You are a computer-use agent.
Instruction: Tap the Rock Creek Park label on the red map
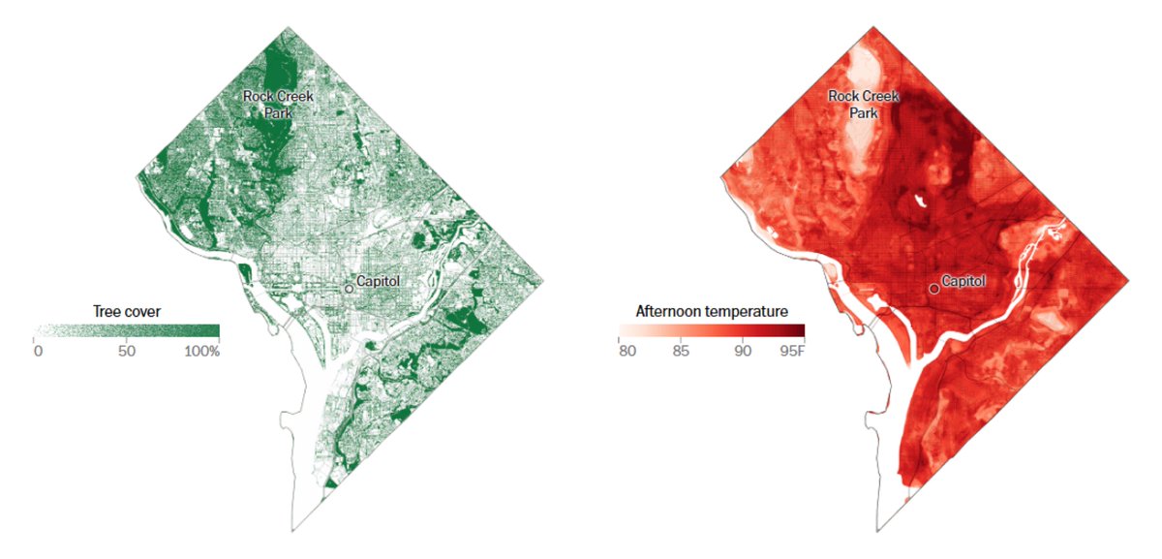[863, 105]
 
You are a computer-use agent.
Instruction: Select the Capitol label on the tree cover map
[378, 281]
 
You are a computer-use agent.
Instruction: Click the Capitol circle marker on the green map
[349, 289]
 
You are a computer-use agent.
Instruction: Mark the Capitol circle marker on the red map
[934, 289]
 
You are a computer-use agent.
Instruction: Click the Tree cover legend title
[127, 311]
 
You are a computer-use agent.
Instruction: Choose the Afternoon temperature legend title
[711, 311]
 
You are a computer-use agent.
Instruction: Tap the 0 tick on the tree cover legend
[38, 351]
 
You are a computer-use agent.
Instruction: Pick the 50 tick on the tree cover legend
[126, 351]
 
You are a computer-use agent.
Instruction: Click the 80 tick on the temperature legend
[627, 351]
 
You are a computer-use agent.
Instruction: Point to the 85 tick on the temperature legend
[682, 351]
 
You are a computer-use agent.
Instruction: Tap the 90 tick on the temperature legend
[742, 351]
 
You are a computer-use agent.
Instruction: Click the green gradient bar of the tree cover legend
[127, 330]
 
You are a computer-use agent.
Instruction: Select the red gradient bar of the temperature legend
[711, 330]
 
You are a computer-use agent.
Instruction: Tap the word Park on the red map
[863, 113]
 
